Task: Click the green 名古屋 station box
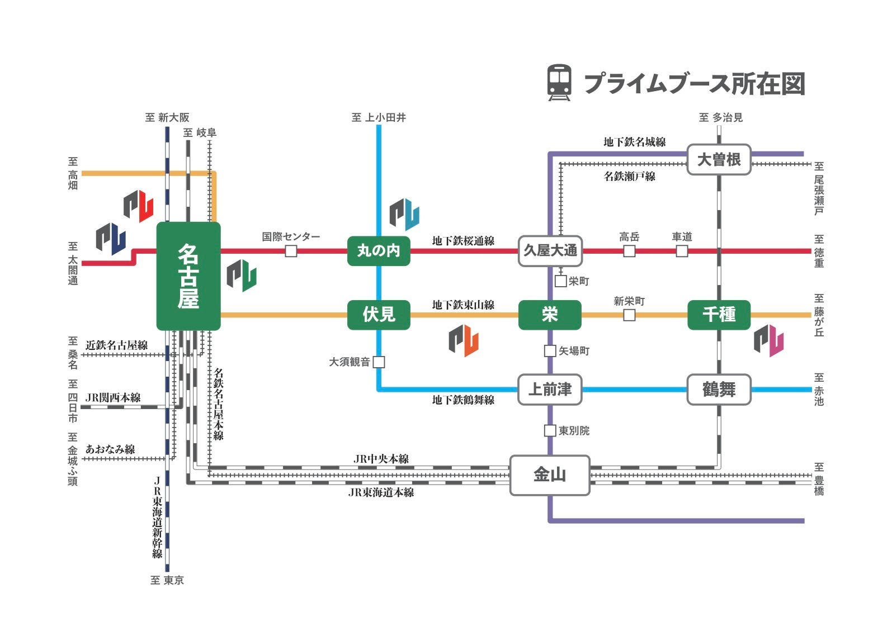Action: (x=188, y=276)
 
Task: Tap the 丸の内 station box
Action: (x=379, y=250)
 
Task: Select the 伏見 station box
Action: (x=379, y=315)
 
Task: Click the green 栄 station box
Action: (x=550, y=315)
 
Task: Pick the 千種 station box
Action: (x=719, y=315)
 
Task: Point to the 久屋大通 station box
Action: (x=550, y=250)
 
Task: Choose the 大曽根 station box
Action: (x=719, y=160)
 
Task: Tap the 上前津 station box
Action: (x=550, y=390)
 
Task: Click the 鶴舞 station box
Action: (x=719, y=390)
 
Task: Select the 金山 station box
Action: (x=550, y=475)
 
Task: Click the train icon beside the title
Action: (x=559, y=83)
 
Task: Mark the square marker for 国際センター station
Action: (x=291, y=251)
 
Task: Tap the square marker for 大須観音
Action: (x=379, y=362)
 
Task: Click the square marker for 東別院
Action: (x=550, y=431)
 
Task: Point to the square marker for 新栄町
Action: (x=629, y=315)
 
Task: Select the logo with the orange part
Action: (x=464, y=341)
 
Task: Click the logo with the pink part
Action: (x=768, y=340)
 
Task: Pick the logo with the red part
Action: (x=138, y=206)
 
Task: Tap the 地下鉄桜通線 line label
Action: (x=463, y=241)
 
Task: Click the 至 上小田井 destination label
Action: (x=379, y=117)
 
